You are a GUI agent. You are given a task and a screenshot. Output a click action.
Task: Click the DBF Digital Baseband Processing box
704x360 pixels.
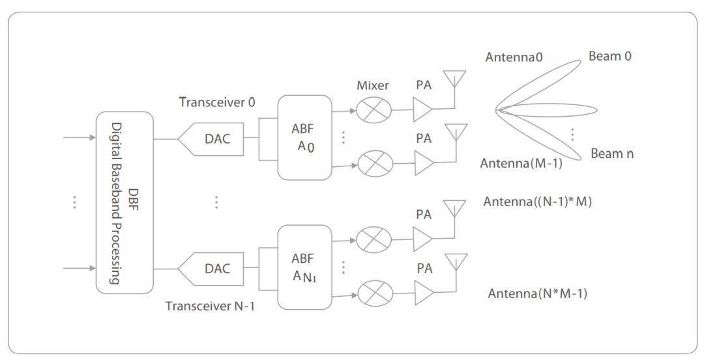coord(125,202)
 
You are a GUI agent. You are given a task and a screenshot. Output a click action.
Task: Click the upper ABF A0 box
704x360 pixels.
coord(304,138)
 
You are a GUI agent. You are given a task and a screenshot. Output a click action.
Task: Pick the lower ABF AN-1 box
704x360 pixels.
coord(304,267)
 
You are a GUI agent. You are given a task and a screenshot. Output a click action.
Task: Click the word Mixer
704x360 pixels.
coord(373,85)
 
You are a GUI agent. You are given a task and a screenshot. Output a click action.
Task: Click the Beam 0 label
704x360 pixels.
coord(610,57)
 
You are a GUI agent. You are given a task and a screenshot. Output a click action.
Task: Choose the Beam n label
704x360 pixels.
coord(612,155)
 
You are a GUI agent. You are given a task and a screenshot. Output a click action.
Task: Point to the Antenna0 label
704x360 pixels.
coord(514,58)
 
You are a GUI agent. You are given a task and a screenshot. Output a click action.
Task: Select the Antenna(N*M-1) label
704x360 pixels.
coord(538,294)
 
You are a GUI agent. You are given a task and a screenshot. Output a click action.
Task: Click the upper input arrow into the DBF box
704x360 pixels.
coord(78,138)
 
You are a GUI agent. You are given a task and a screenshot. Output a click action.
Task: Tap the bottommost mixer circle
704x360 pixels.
coord(374,295)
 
